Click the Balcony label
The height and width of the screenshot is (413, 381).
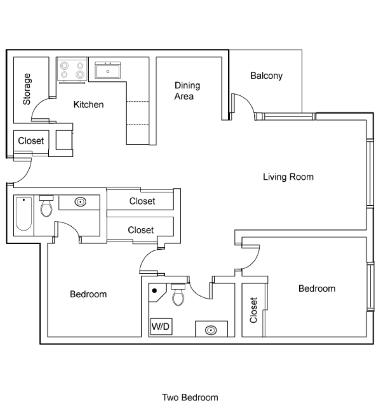coord(266,76)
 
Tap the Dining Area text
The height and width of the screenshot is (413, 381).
coord(187,91)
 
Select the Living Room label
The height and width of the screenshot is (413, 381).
coord(288,177)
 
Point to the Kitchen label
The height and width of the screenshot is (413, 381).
coord(88,104)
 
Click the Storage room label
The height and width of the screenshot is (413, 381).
coord(27,89)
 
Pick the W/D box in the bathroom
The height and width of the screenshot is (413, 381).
coord(161,327)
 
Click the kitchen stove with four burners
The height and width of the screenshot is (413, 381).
coord(72,70)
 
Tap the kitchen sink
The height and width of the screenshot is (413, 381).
coord(108,70)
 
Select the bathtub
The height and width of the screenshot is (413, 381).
coord(24,214)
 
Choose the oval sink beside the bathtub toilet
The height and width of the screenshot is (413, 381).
coord(80,202)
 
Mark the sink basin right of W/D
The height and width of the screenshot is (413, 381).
coord(211,330)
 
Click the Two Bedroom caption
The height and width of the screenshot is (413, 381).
coord(190,398)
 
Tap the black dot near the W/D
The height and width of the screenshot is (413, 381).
coord(154,290)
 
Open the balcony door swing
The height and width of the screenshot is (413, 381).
coord(244,104)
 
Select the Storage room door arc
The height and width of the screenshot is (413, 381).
coord(41,108)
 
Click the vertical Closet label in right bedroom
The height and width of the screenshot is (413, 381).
coord(253,310)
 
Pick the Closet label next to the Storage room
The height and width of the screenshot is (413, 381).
coord(31,141)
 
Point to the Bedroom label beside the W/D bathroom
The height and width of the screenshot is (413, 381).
coord(88,294)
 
